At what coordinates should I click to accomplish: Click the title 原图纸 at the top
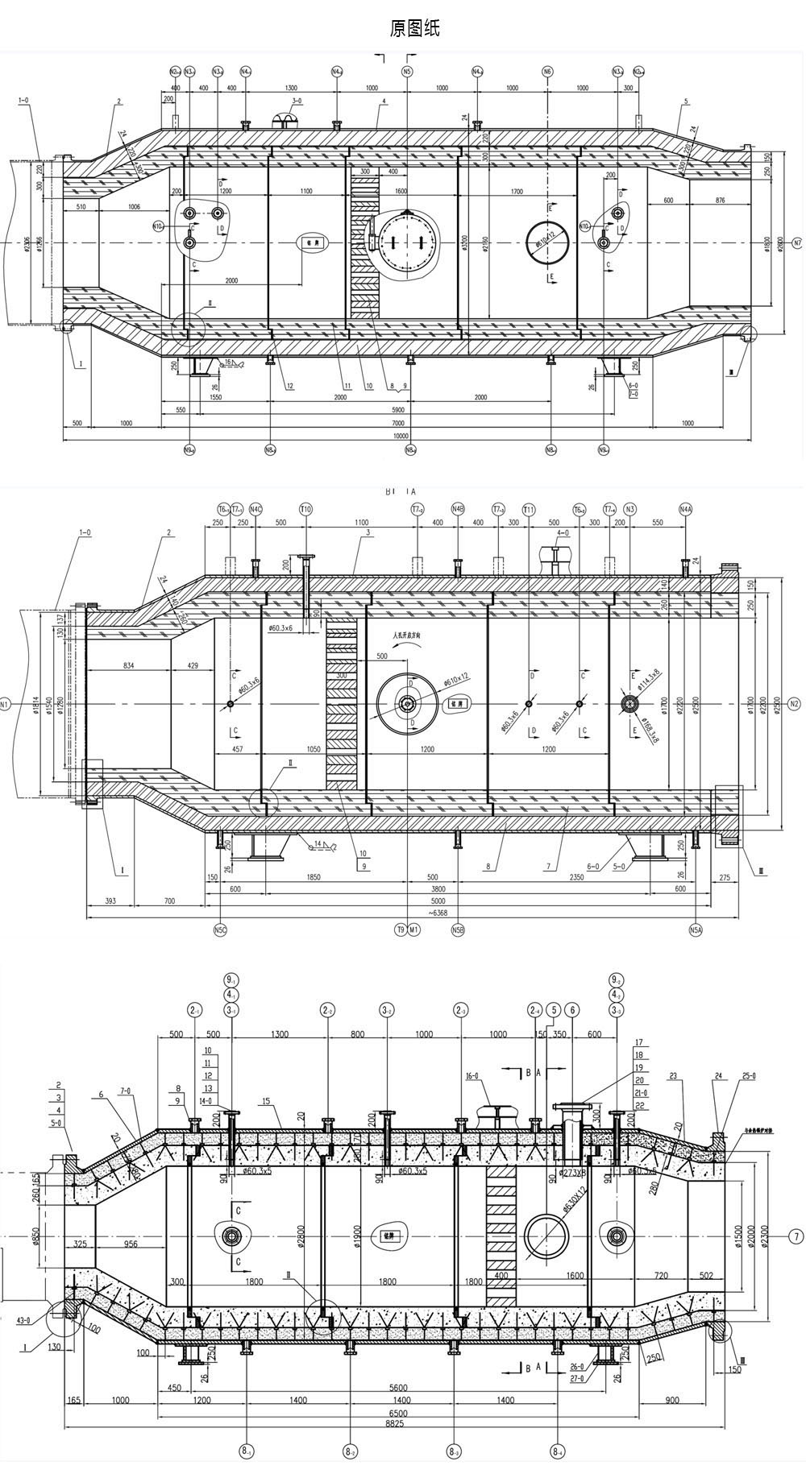(x=414, y=30)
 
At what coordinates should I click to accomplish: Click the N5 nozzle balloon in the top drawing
(x=407, y=72)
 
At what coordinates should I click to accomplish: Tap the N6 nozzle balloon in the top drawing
(x=548, y=72)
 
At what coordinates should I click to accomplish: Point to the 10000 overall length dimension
(x=401, y=436)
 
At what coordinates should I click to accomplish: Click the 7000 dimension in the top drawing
(x=398, y=423)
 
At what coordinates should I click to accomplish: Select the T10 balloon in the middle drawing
(x=305, y=509)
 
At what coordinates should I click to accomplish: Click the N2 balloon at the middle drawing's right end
(x=796, y=704)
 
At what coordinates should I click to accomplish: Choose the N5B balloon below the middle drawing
(x=458, y=929)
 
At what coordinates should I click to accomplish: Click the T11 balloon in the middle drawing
(x=529, y=509)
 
